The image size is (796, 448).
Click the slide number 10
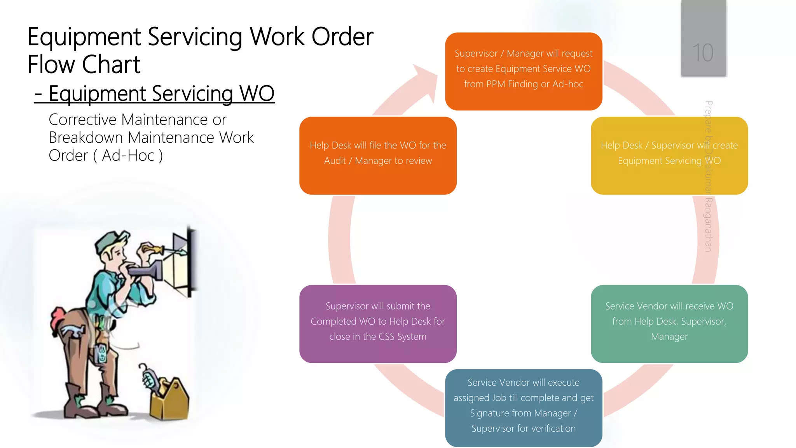point(703,52)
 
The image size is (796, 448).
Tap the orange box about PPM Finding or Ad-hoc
point(524,71)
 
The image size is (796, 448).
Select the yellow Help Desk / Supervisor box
point(669,156)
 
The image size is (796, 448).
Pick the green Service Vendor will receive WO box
point(669,324)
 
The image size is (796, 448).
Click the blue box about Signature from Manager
point(524,408)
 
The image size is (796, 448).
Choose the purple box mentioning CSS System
point(378,324)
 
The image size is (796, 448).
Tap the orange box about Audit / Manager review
point(378,156)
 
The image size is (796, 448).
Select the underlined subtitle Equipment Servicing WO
point(155,94)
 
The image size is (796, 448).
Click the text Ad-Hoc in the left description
point(128,156)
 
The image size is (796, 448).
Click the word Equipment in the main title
point(84,37)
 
